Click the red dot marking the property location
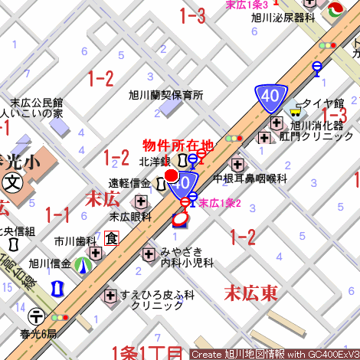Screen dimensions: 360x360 coord(172,176)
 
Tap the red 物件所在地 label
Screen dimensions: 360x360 coord(178,144)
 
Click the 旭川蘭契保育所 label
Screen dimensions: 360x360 coord(165,96)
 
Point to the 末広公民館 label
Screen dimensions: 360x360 coord(36,103)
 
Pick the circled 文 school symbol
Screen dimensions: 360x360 coord(13,182)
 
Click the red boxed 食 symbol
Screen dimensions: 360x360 coord(112,238)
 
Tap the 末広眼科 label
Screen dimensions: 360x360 coord(129,217)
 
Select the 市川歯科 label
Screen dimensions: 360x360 coord(75,240)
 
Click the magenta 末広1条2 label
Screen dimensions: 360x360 coord(221,203)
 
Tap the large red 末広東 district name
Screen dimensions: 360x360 coord(250,292)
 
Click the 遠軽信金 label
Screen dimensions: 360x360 coord(129,183)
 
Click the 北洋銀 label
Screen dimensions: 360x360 coord(154,162)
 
